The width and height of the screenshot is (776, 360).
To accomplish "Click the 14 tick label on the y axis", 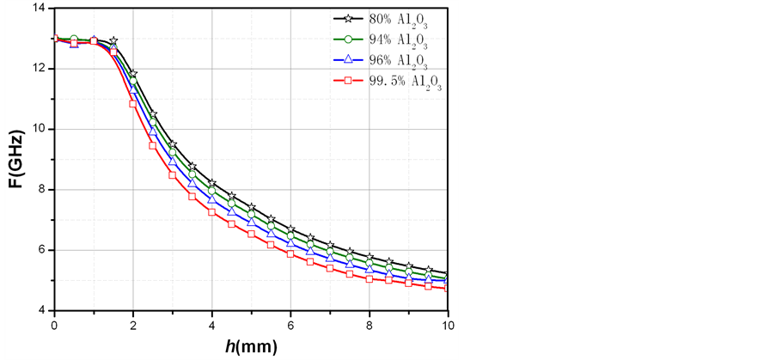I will point(40,8).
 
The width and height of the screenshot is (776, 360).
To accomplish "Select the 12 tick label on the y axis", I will point(40,68).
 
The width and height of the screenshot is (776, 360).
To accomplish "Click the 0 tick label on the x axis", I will point(54,326).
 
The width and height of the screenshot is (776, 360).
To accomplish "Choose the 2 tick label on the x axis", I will point(133,326).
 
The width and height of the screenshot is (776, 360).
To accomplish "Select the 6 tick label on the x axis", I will point(290,326).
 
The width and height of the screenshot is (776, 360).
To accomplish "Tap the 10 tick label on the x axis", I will point(447,326).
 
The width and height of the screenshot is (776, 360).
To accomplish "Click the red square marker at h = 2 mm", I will point(133,103).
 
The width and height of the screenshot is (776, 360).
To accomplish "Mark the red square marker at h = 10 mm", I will point(448,289).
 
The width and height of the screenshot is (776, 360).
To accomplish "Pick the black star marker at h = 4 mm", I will point(211,183).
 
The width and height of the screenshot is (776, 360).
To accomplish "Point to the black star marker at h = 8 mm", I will point(370,258).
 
